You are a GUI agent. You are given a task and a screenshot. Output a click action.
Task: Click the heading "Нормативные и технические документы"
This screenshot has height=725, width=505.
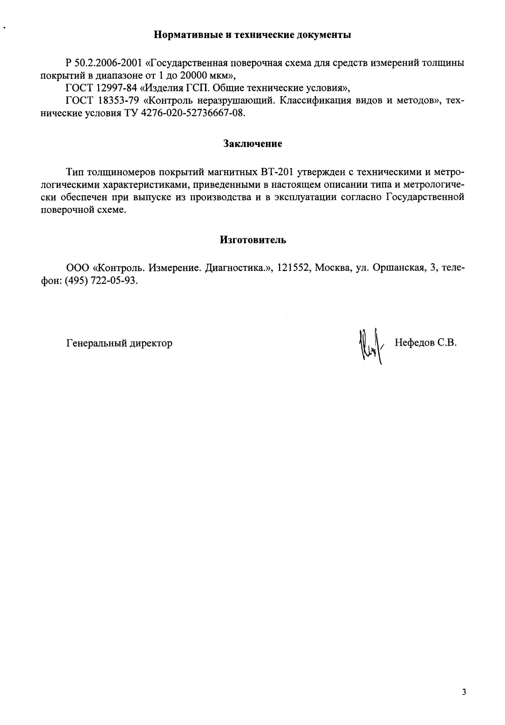tap(252, 35)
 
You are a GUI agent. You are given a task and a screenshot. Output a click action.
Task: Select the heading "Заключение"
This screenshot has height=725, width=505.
tap(252, 144)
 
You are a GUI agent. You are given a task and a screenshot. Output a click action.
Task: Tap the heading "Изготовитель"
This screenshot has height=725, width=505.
tap(252, 240)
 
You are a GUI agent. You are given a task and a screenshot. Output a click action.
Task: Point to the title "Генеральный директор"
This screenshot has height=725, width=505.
tap(120, 343)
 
